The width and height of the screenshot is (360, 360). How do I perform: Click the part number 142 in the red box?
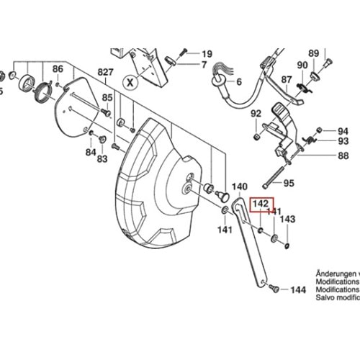click(261, 204)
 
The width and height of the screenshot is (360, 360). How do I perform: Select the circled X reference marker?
click(130, 81)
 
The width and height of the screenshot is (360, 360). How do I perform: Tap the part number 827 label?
click(107, 71)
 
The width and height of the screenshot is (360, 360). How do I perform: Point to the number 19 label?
click(207, 54)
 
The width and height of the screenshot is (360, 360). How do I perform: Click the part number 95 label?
click(288, 183)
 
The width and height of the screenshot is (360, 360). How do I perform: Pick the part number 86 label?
click(58, 69)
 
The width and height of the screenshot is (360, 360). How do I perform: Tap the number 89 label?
click(313, 53)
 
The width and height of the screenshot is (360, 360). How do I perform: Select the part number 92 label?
click(256, 114)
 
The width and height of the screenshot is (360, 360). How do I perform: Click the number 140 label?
click(239, 186)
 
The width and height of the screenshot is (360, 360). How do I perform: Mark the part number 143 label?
click(287, 219)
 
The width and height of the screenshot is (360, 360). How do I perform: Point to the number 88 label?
click(343, 156)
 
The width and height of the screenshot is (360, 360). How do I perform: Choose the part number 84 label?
click(90, 153)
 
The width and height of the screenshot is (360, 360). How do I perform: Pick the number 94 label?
click(343, 131)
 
